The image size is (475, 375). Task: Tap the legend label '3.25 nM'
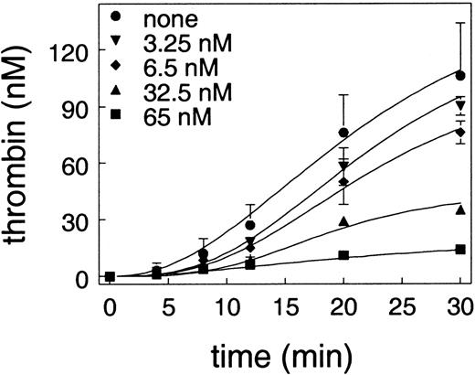[188, 42]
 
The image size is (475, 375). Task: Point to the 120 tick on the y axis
[78, 50]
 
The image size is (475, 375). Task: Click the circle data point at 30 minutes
[459, 75]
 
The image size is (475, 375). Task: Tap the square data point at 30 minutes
[459, 250]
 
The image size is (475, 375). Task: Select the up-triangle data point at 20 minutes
[343, 221]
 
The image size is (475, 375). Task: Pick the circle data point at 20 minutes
[343, 133]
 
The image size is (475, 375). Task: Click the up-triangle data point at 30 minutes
[459, 210]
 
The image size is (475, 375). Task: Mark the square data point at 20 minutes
[343, 255]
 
